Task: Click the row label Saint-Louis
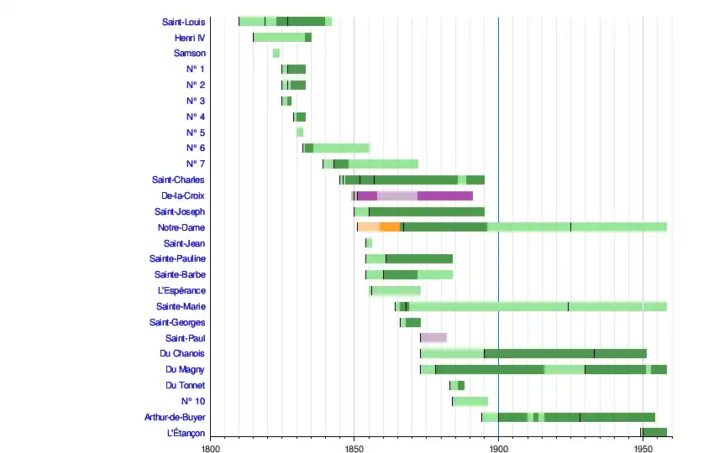(x=183, y=22)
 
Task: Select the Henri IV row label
(x=189, y=38)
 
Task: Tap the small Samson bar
(x=276, y=54)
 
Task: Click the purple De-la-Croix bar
(x=445, y=195)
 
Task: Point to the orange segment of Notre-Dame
(x=390, y=227)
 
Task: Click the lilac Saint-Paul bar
(x=433, y=338)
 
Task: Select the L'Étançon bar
(x=654, y=433)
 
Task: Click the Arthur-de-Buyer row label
(x=174, y=417)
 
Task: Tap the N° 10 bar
(x=470, y=401)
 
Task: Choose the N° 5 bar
(x=300, y=133)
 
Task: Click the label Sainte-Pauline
(x=177, y=259)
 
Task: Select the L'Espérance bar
(x=395, y=290)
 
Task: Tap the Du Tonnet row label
(x=185, y=385)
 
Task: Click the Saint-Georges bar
(x=411, y=322)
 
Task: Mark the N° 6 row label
(x=195, y=148)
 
